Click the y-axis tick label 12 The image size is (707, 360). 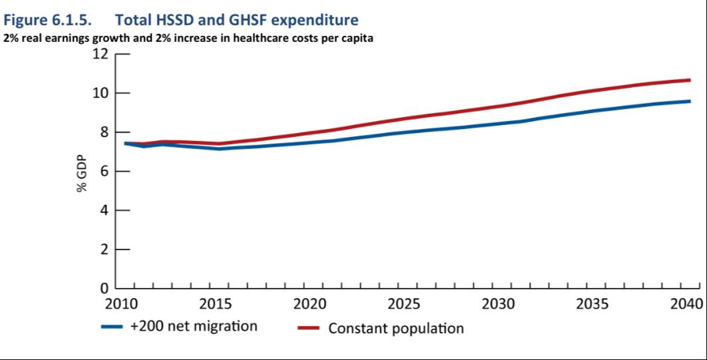100,54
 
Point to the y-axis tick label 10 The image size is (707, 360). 100,93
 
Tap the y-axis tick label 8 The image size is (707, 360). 104,132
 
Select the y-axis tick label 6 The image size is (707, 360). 104,172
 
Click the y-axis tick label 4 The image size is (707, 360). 104,211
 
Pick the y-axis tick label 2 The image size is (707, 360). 104,250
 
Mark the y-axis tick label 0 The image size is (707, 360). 104,289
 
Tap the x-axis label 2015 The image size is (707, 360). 215,305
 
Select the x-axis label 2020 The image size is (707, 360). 309,305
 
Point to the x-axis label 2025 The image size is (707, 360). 404,305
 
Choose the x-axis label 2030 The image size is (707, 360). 498,305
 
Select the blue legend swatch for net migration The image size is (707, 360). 113,327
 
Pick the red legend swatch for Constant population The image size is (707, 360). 309,328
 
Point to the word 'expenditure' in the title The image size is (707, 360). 311,21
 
